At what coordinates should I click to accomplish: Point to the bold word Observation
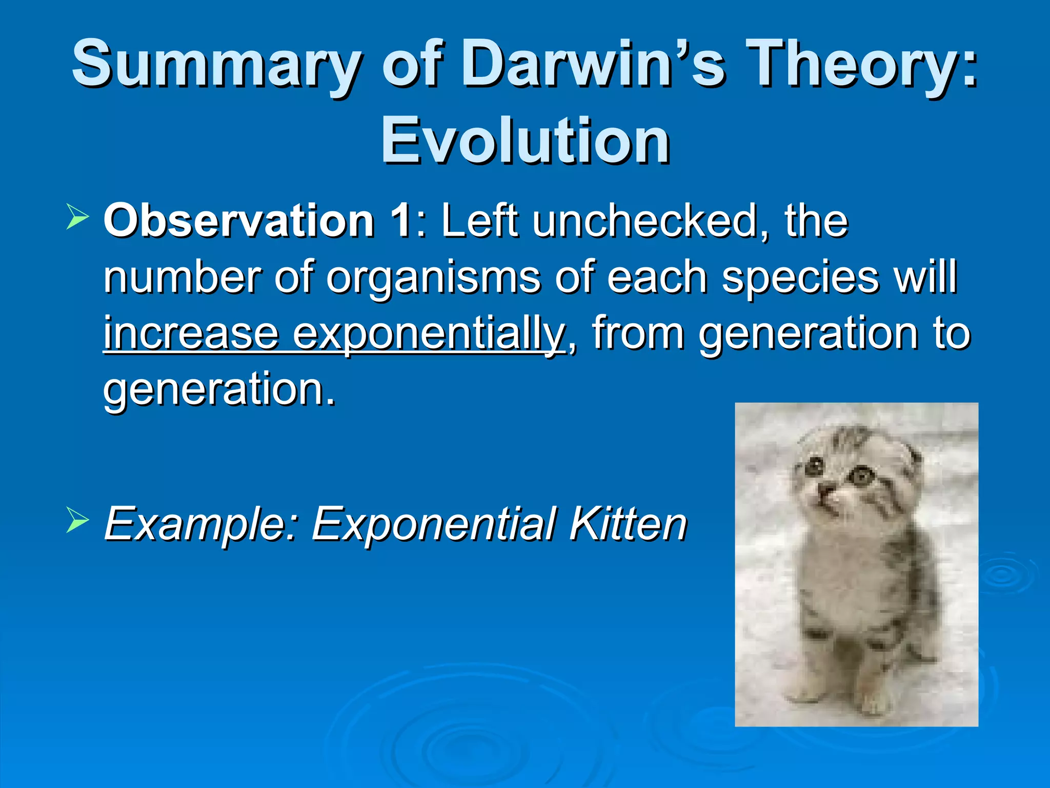click(x=238, y=221)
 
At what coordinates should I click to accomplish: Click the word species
click(x=800, y=278)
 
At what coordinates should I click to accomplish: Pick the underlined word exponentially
click(x=429, y=334)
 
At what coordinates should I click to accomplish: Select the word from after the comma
click(x=638, y=334)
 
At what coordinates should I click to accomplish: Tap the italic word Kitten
click(x=628, y=524)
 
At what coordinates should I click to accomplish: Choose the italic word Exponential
click(x=434, y=524)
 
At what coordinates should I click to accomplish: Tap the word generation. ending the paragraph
click(x=219, y=390)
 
